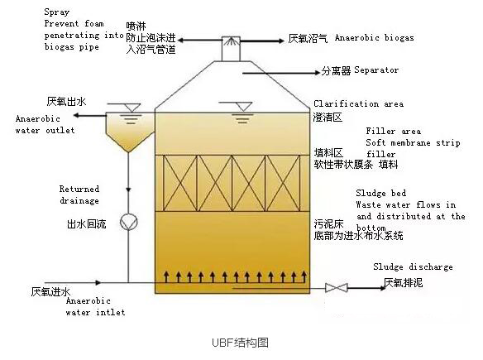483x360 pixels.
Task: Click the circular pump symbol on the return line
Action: coord(128,222)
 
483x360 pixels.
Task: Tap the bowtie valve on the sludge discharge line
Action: coord(337,288)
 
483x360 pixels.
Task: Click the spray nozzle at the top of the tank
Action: coord(232,41)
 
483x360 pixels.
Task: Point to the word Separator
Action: coord(376,70)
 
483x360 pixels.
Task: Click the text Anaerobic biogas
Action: coord(375,37)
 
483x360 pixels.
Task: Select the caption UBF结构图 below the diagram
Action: coord(241,343)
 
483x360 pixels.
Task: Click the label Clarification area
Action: coord(359,103)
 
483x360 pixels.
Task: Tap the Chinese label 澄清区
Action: coord(328,118)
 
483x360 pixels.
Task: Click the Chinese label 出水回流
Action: coord(87,223)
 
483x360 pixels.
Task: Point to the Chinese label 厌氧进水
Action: coord(50,291)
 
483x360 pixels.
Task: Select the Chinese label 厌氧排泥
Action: coord(404,283)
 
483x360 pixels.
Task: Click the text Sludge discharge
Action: coord(413,266)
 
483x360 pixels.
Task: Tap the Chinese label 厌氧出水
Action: coord(66,102)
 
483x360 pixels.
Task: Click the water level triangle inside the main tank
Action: coord(243,107)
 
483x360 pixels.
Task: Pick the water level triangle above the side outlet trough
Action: coord(132,108)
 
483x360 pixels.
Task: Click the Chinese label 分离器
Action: coord(336,71)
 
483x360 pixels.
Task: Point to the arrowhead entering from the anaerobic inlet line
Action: coord(98,283)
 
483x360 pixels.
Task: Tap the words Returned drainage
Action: coord(79,194)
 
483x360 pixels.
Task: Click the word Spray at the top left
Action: coord(57,12)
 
